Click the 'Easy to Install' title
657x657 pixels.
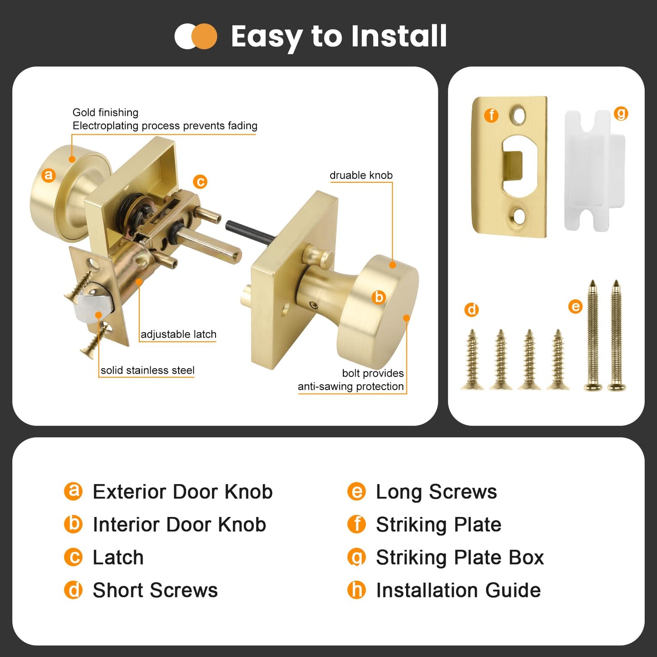(339, 36)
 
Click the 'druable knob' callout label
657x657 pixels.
(361, 176)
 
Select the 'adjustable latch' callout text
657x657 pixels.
(178, 335)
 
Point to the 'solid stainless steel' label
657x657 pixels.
(147, 371)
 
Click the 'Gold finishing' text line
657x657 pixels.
(105, 113)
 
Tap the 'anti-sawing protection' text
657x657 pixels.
(351, 386)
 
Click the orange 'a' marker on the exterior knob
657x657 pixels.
(48, 175)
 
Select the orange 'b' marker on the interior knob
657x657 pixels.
(378, 297)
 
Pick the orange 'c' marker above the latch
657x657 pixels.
(200, 182)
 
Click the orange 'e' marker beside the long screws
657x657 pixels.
(575, 306)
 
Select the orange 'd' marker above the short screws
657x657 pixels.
(471, 310)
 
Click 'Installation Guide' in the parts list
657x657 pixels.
(458, 591)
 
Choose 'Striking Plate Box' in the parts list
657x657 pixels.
(460, 558)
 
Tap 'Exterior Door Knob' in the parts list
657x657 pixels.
(182, 492)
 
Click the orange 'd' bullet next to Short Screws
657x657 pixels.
(73, 591)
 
